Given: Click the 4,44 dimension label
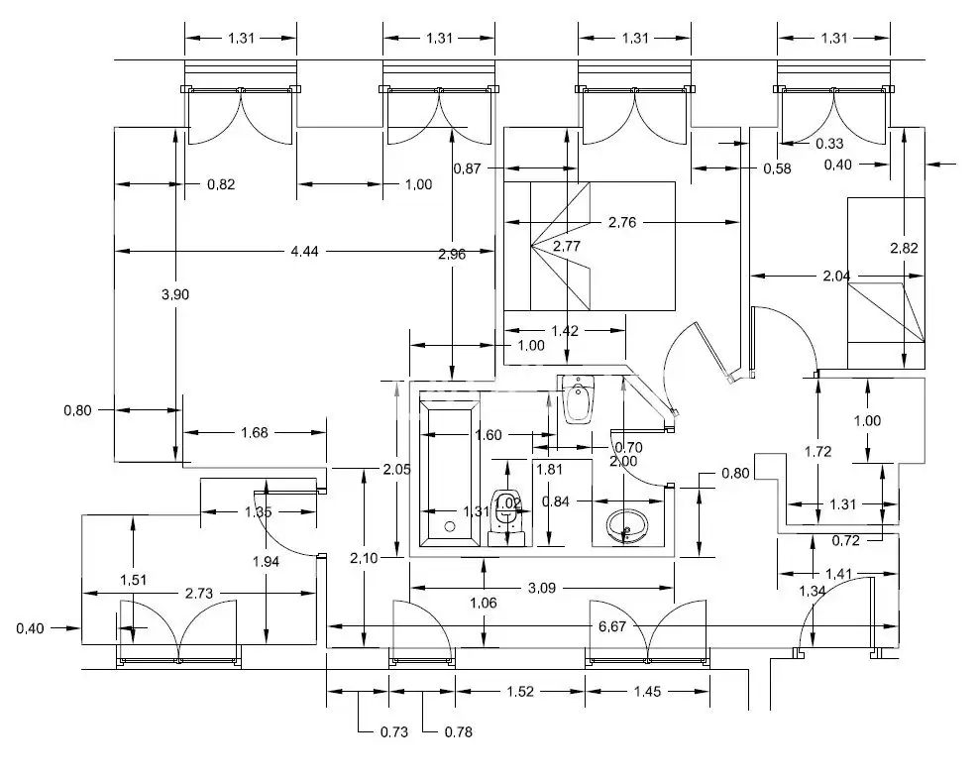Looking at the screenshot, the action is click(304, 252).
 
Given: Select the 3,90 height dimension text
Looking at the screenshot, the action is click(175, 294).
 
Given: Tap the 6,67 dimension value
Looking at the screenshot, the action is click(612, 626).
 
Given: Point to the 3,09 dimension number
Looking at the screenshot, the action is click(542, 588).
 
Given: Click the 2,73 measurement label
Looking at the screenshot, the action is click(199, 593).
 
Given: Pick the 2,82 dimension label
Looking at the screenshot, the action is click(904, 248).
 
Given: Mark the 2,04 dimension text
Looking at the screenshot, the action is click(836, 276).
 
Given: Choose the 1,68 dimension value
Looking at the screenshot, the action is click(255, 432).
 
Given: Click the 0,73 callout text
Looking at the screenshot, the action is click(394, 731).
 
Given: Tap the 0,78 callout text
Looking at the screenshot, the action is click(459, 731).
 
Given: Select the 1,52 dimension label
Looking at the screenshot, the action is click(520, 691).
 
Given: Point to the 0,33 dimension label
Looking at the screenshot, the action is click(829, 144).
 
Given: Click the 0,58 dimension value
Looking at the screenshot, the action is click(777, 168).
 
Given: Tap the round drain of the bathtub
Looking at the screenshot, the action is click(450, 526).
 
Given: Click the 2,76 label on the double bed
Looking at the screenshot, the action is click(622, 222).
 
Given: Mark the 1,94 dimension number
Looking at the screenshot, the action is click(267, 561).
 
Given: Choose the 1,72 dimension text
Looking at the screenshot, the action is click(817, 451).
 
